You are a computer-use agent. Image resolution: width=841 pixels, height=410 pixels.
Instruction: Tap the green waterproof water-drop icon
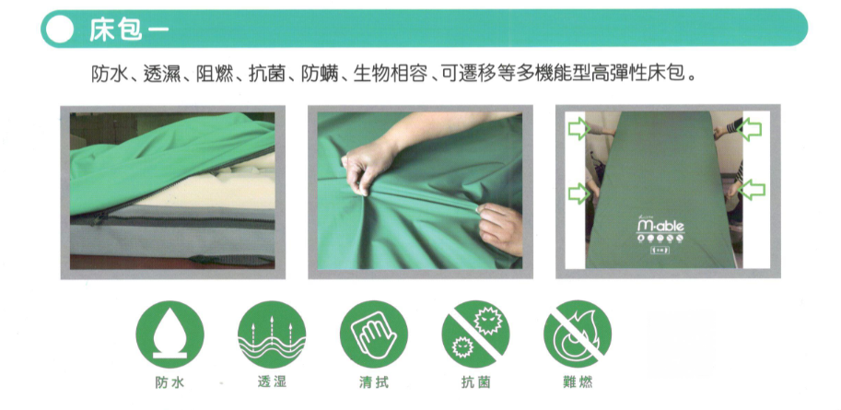click(x=170, y=334)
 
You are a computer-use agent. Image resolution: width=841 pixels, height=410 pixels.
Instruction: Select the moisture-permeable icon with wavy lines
click(x=272, y=334)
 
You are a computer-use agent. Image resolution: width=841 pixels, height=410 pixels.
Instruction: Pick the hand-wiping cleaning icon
click(x=374, y=334)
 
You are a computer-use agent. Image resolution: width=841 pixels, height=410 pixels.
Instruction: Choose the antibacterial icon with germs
click(x=475, y=334)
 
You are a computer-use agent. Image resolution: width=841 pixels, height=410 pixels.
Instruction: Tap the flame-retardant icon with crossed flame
click(x=578, y=334)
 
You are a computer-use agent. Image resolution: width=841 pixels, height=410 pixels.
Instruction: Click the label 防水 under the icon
click(x=170, y=382)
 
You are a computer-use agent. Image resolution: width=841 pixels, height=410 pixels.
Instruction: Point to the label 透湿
click(x=272, y=382)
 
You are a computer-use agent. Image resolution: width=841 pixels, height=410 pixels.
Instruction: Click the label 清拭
click(x=374, y=382)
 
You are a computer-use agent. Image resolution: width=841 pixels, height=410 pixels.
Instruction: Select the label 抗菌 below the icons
click(x=475, y=382)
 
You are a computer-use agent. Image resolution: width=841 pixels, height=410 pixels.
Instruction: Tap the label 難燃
click(x=578, y=382)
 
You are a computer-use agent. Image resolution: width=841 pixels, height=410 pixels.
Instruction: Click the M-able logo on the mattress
click(x=660, y=225)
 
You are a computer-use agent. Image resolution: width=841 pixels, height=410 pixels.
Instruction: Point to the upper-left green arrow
click(x=579, y=129)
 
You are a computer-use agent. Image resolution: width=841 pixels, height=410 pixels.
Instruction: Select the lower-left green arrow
click(x=578, y=193)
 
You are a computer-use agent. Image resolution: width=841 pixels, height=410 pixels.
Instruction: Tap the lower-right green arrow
click(x=753, y=190)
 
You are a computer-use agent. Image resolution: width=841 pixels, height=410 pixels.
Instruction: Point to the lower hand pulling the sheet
click(x=500, y=228)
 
